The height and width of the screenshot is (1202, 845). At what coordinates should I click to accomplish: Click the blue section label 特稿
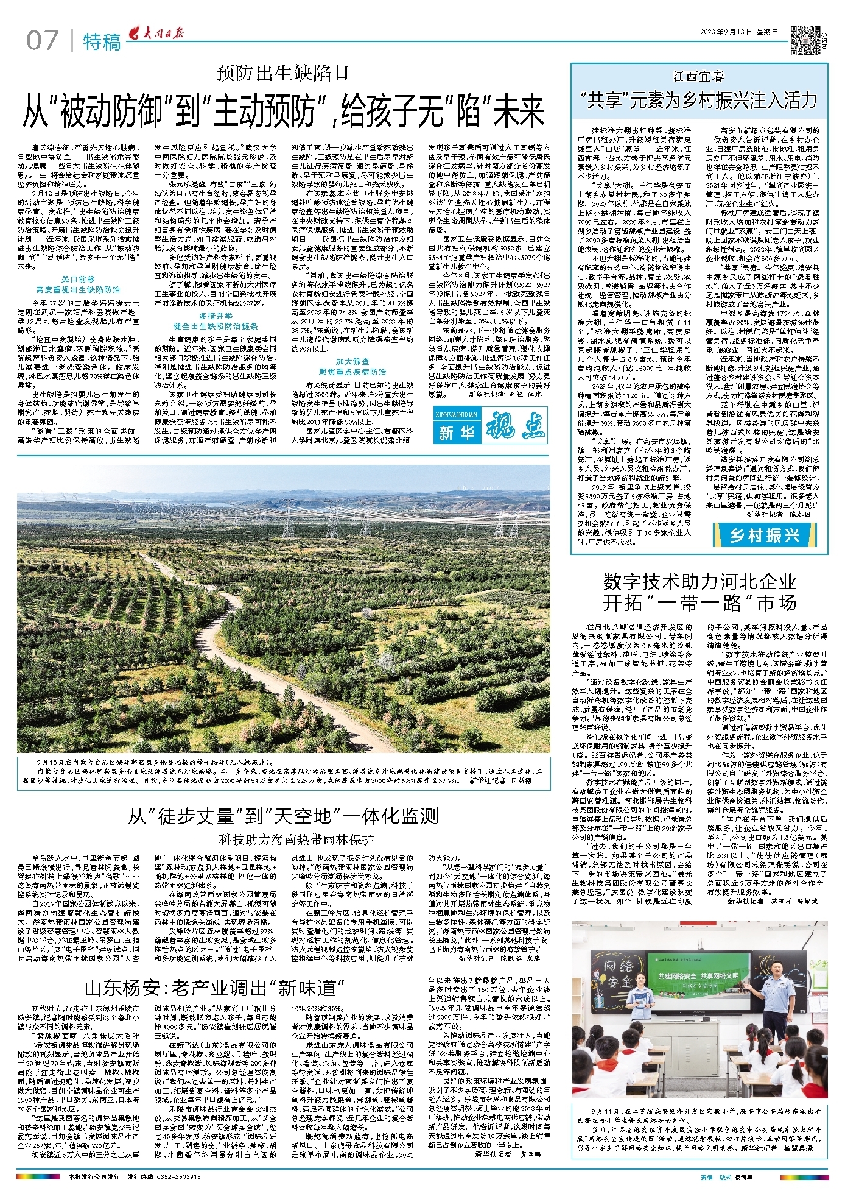(101, 42)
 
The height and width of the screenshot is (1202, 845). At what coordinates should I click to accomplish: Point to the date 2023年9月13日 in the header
(726, 32)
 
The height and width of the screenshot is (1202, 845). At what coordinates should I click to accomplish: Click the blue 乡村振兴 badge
(765, 536)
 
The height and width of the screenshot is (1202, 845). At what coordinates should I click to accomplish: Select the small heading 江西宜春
(699, 77)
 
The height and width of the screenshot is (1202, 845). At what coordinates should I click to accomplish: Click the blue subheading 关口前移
(79, 279)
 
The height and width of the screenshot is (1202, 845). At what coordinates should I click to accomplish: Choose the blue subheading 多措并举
(216, 316)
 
